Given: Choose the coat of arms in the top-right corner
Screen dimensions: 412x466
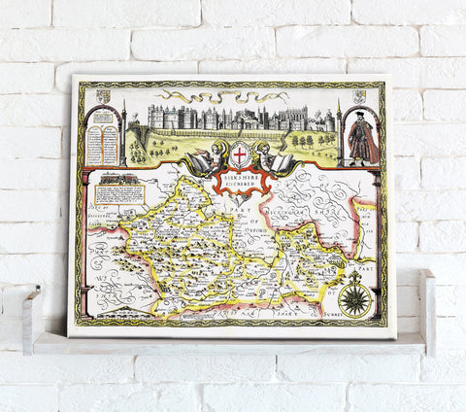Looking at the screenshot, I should (x=357, y=95).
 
